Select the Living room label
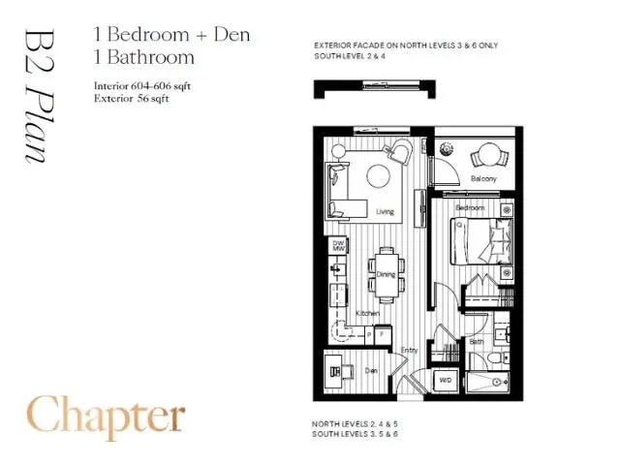(386, 211)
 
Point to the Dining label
(386, 275)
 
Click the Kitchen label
(366, 314)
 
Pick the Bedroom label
(470, 208)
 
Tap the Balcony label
(483, 179)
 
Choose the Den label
(370, 369)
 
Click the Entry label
(410, 351)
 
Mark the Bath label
(478, 342)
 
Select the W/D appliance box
(446, 380)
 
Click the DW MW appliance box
(339, 247)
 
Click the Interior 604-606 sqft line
(143, 85)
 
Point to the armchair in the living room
(400, 153)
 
